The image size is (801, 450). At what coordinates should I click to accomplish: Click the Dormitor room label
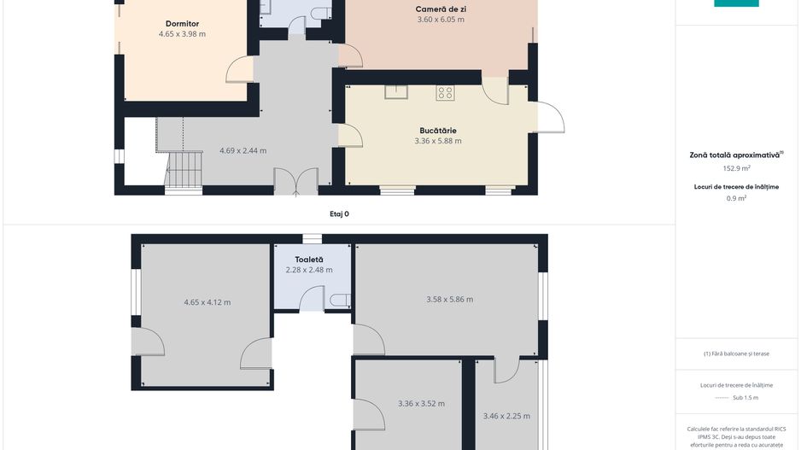coord(183,24)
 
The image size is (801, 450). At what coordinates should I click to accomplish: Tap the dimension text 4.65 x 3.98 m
coord(183,34)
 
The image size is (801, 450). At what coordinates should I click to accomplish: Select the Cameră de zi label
coord(441,9)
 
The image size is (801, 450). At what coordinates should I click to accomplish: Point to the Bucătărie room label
coord(438,131)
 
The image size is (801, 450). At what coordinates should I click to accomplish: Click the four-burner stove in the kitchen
coord(445,93)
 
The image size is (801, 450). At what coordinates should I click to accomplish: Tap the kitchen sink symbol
coord(396,92)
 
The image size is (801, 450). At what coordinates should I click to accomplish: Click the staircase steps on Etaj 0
coord(184,170)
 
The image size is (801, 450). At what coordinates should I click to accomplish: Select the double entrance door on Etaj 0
coord(296,182)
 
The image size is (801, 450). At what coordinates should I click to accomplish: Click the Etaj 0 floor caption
coord(339,214)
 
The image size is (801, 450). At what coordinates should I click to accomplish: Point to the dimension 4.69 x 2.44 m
coord(243,150)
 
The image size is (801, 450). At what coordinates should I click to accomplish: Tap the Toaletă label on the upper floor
coord(309,260)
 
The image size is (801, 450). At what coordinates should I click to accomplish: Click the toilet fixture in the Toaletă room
coord(340,301)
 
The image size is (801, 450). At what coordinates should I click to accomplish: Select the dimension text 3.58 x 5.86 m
coord(450,300)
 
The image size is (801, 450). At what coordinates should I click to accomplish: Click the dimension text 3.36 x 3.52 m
coord(422,404)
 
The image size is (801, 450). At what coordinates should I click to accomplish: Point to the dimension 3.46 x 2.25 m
coord(506,417)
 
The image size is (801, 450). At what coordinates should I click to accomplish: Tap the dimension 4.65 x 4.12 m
coord(208,302)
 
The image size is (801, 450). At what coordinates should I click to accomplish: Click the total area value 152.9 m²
coord(737,168)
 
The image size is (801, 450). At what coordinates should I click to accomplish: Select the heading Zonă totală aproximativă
coord(735,155)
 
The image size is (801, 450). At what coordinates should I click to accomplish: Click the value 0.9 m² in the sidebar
coord(737,198)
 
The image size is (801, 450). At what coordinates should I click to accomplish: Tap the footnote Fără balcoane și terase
coord(736,354)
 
